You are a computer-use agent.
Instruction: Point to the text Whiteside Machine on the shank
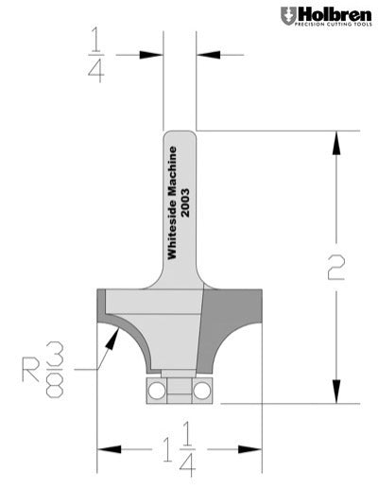(172, 202)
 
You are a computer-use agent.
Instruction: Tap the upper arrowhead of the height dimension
(334, 140)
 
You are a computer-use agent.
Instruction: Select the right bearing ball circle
(200, 390)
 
